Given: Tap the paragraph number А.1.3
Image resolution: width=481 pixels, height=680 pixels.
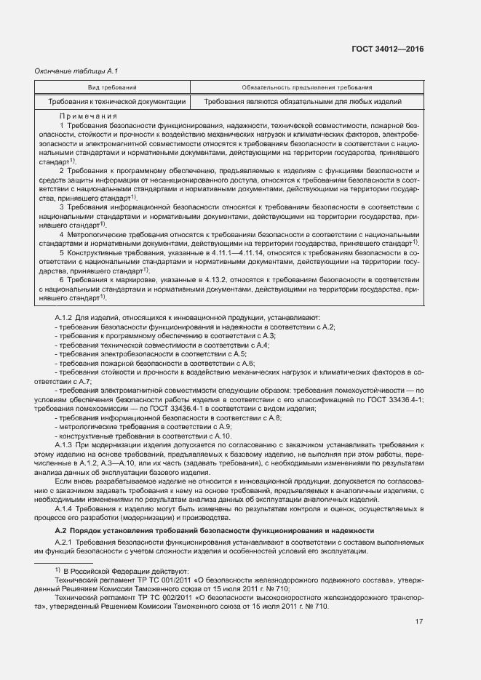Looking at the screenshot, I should point(65,444).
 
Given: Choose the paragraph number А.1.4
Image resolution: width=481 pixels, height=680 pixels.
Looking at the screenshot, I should point(65,509).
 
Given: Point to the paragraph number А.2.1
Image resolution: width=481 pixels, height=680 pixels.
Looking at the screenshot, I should point(65,544).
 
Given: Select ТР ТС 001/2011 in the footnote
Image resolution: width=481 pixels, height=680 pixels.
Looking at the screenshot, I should point(156,580).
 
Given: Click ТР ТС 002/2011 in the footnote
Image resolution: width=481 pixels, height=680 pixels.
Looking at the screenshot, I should point(156,596).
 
